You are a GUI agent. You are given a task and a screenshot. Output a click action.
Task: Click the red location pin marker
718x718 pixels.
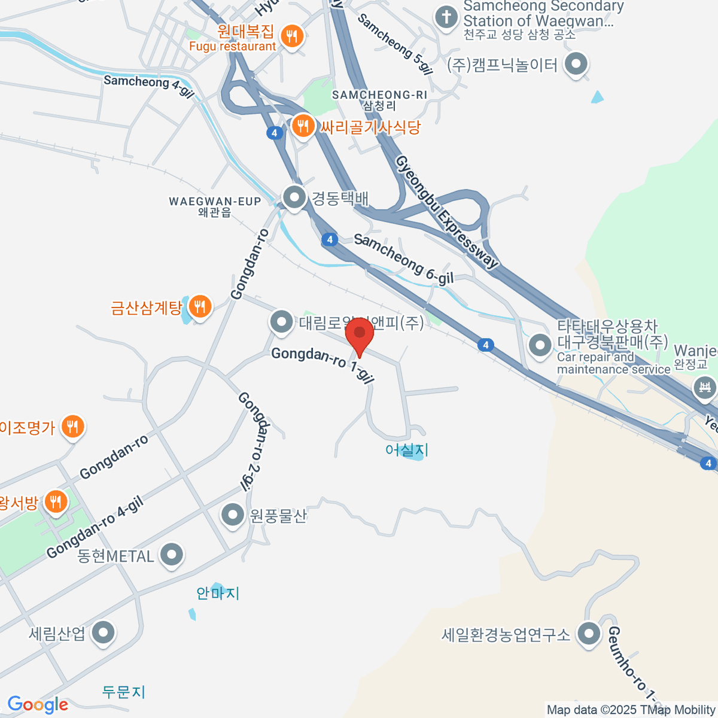pos(360,335)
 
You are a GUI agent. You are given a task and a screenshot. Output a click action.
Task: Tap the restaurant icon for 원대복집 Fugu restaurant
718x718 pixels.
pos(291,37)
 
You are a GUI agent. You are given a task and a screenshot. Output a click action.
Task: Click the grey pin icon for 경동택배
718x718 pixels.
pos(294,197)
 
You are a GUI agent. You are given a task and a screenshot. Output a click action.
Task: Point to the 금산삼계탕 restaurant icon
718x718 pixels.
pos(199,308)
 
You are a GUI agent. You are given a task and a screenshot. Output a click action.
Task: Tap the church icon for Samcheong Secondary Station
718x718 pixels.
pos(446,17)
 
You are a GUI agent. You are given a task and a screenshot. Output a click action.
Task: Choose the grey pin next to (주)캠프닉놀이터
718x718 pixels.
pos(576,64)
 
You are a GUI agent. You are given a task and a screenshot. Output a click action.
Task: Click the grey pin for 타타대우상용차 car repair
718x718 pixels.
pos(540,345)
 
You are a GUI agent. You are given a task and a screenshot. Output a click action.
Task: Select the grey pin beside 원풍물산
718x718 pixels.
pos(232,515)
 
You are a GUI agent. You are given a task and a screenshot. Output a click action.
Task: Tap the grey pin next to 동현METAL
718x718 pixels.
pos(172,555)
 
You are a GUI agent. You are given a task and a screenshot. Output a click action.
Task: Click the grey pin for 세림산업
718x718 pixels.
pos(104,633)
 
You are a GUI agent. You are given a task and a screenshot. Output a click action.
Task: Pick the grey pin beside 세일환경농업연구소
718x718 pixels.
pos(589,634)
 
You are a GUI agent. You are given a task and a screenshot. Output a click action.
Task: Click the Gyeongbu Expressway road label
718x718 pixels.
pos(446,212)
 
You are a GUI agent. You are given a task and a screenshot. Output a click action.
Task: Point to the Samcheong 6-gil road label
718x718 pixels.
pos(403,258)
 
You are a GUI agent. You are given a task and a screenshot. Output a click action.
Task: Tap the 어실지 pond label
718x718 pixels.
pos(407,450)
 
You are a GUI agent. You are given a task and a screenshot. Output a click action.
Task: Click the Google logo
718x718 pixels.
pos(37,705)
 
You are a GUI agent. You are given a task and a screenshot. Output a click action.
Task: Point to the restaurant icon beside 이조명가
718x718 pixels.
pos(72,427)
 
